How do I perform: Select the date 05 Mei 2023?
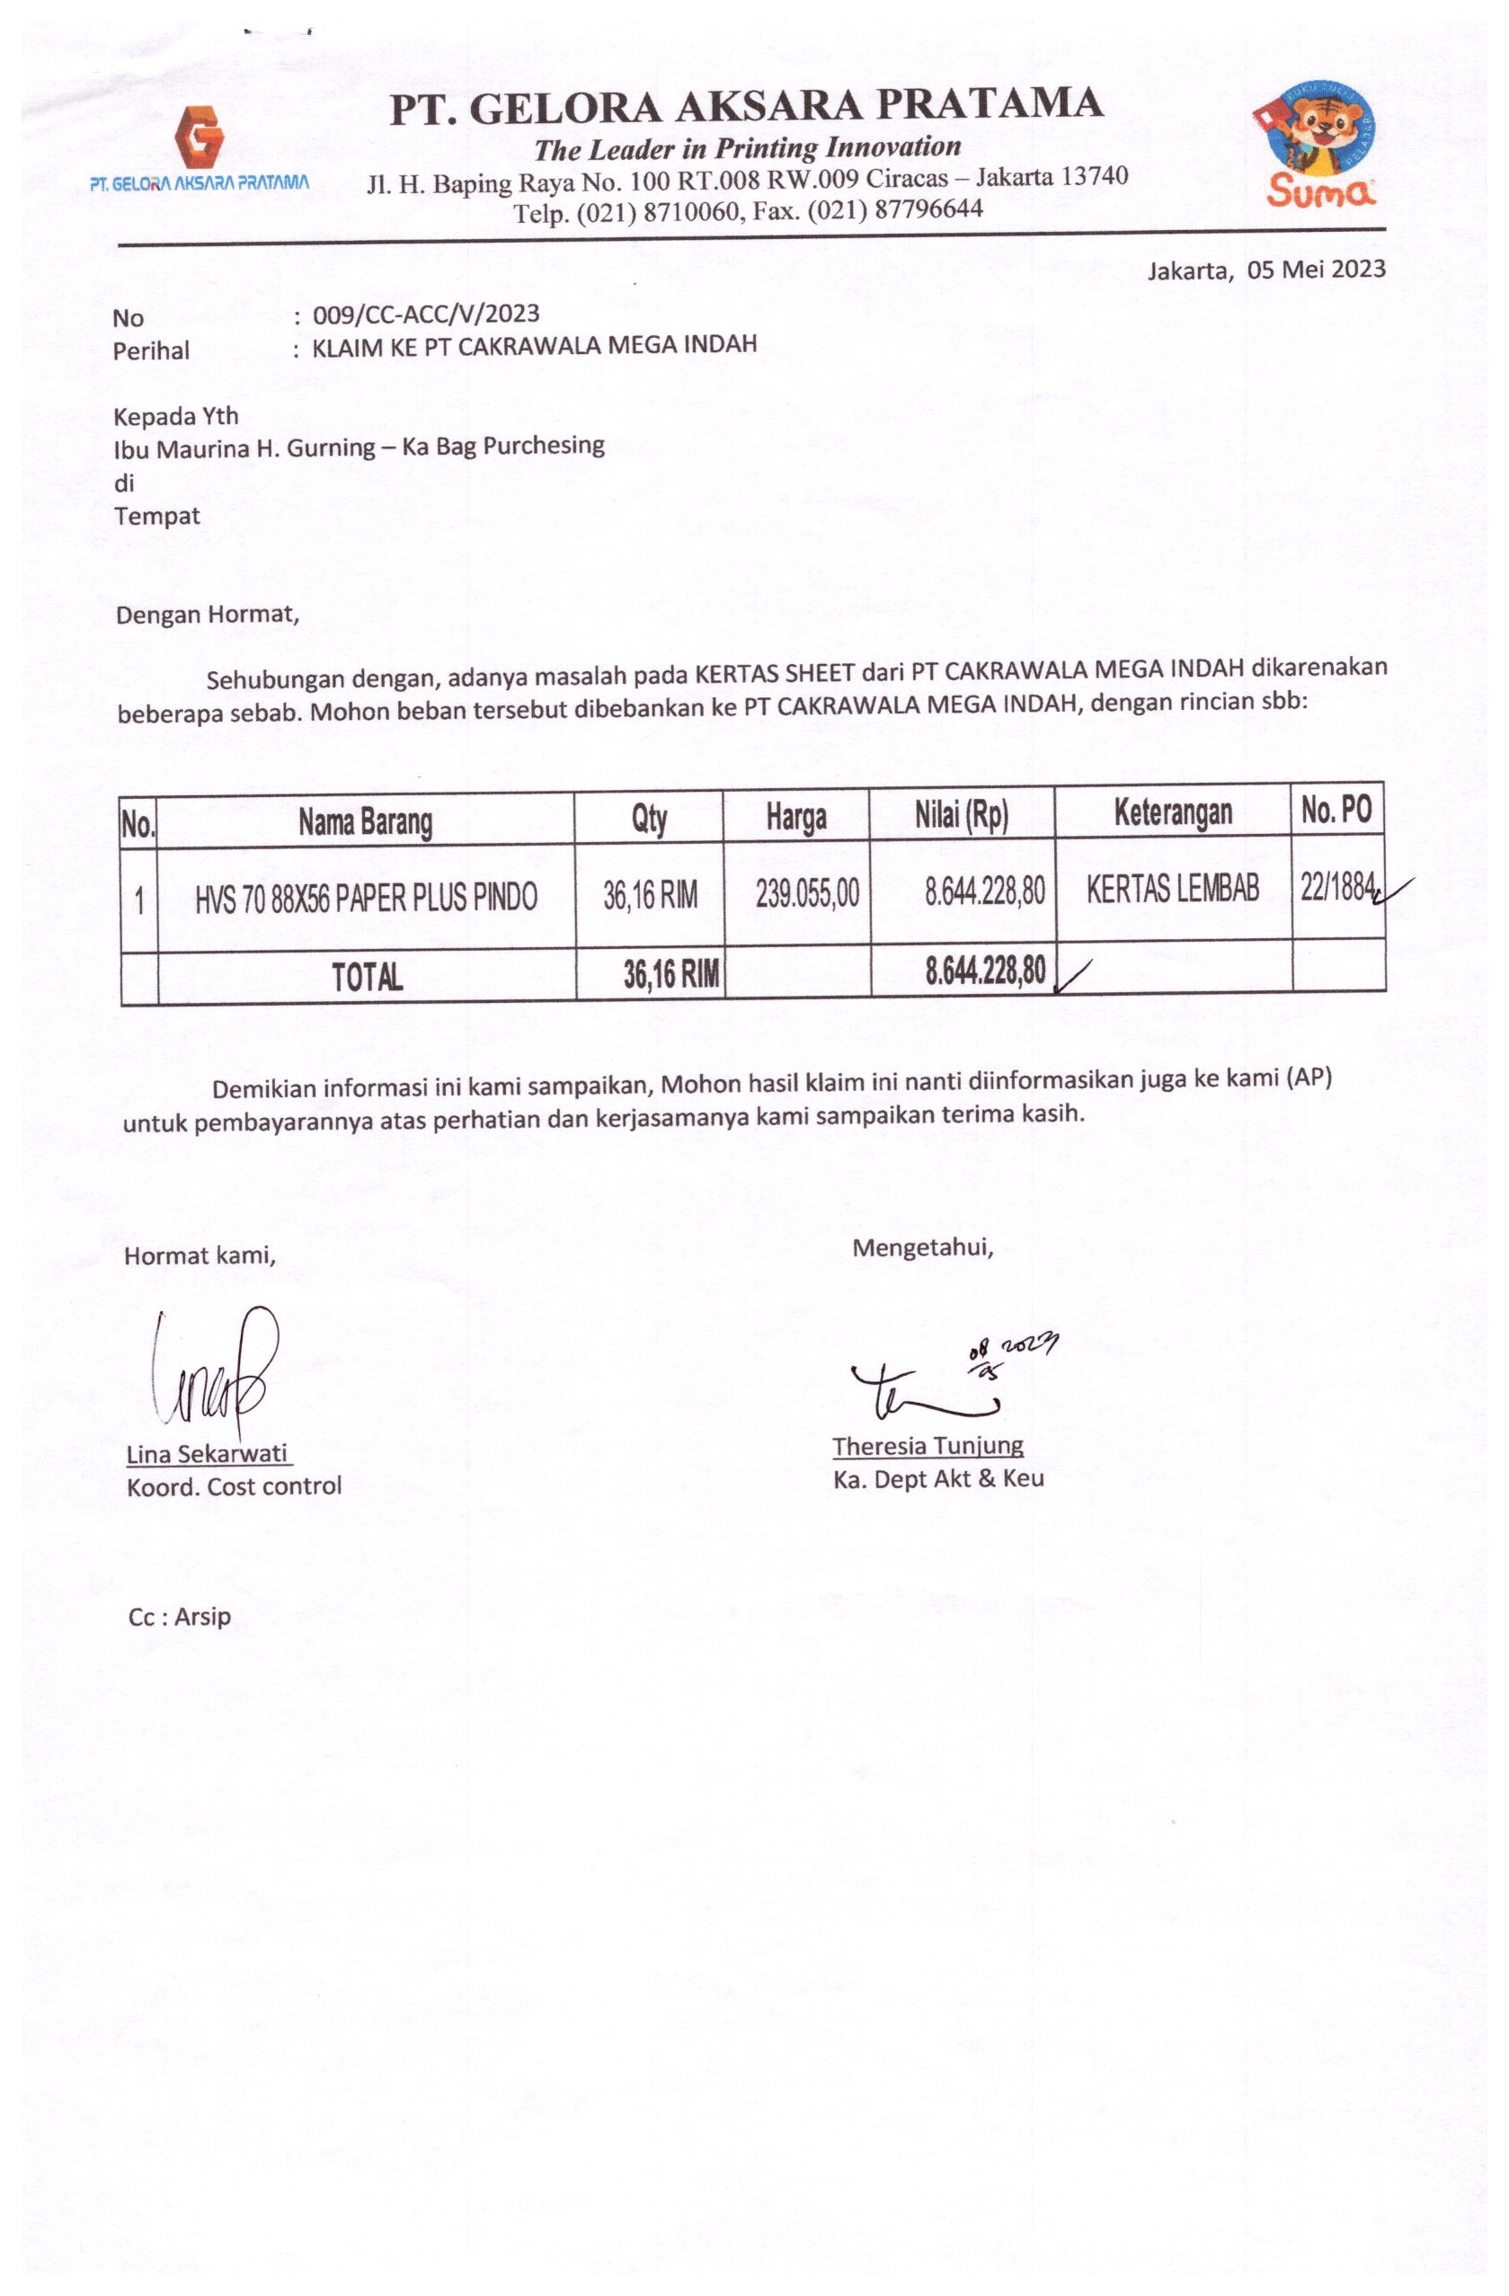pyautogui.click(x=1316, y=270)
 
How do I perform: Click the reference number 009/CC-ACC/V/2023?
pyautogui.click(x=425, y=314)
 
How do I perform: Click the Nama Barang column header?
pyautogui.click(x=365, y=821)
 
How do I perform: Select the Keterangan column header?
pyautogui.click(x=1172, y=812)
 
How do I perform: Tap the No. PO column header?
pyautogui.click(x=1336, y=810)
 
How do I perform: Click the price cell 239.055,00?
pyautogui.click(x=806, y=894)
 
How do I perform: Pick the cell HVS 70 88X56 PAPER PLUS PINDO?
pyautogui.click(x=366, y=898)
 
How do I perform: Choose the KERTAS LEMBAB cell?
pyautogui.click(x=1172, y=889)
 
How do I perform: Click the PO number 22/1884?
pyautogui.click(x=1336, y=886)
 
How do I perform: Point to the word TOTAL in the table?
pyautogui.click(x=367, y=977)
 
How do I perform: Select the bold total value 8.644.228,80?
pyautogui.click(x=985, y=971)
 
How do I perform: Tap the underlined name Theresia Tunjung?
pyautogui.click(x=928, y=1445)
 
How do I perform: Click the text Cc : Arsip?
pyautogui.click(x=180, y=1616)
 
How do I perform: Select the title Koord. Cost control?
pyautogui.click(x=234, y=1485)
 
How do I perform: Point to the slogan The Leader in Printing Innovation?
pyautogui.click(x=748, y=147)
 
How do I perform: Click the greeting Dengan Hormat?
pyautogui.click(x=208, y=615)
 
